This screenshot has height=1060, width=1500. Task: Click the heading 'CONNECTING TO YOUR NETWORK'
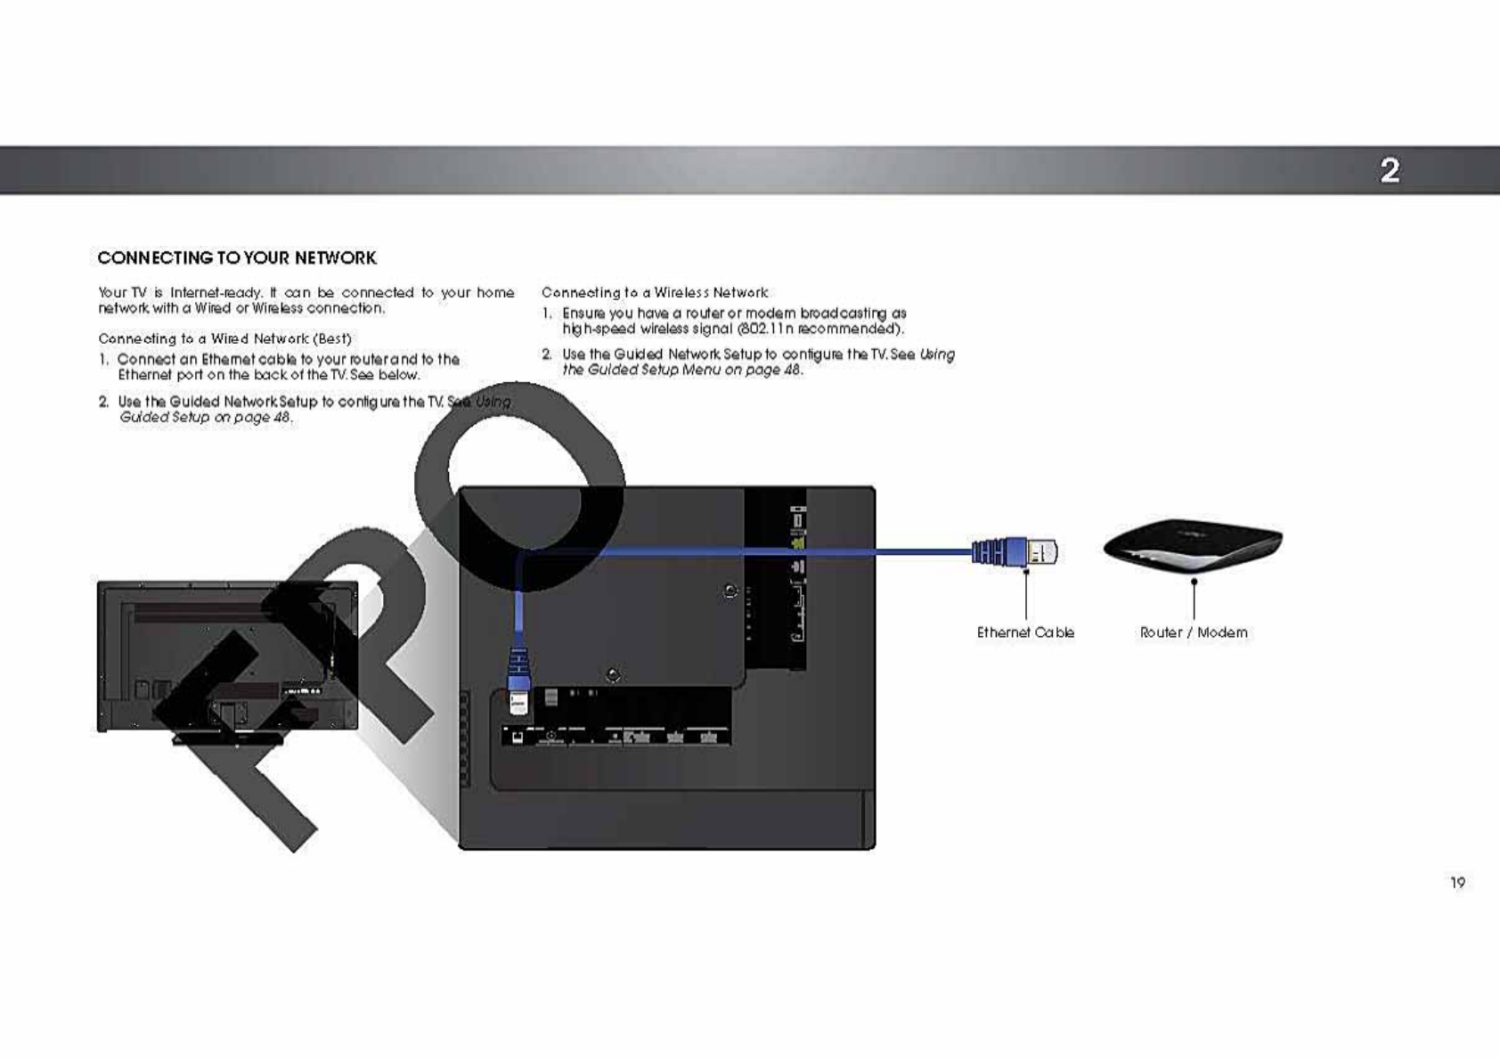pos(237,258)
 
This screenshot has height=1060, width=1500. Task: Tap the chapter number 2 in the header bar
pos(1390,170)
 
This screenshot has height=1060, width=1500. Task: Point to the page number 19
pos(1457,883)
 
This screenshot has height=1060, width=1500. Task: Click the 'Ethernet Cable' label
pos(1025,632)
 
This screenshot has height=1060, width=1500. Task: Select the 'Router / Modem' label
pos(1194,632)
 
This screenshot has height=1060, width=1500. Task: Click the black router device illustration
pos(1193,544)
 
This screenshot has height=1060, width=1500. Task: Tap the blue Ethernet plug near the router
pos(1015,552)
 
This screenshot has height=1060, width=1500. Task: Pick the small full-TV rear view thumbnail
pos(227,657)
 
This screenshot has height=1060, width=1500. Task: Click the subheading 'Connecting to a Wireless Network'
pos(655,293)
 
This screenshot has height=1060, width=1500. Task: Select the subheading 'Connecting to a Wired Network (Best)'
pos(224,338)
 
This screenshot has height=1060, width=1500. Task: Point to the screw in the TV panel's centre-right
pos(730,591)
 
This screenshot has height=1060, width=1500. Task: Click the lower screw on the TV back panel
pos(613,675)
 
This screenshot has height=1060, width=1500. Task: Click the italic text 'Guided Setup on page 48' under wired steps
pos(206,417)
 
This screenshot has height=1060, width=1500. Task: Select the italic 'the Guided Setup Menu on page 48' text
pos(682,370)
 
